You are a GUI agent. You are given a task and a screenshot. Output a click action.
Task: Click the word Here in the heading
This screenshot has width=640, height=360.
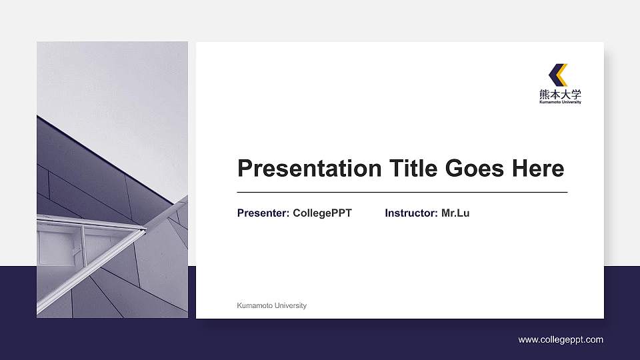[x=537, y=169]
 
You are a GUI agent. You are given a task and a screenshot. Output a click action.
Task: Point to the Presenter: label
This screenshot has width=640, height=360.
[x=263, y=213]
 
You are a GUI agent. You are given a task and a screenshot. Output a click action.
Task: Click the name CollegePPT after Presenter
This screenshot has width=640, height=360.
[x=322, y=213]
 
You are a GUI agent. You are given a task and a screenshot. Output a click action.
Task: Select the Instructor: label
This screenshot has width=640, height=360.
[x=411, y=213]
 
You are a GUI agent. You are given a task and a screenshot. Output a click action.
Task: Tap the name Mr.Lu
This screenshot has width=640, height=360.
[x=455, y=213]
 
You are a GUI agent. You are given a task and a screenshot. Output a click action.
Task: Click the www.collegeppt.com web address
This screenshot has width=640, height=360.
[x=561, y=340]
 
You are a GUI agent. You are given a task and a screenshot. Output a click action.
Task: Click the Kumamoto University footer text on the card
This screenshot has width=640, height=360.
[x=271, y=305]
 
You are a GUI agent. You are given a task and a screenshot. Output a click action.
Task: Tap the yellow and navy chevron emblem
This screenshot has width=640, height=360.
[x=559, y=74]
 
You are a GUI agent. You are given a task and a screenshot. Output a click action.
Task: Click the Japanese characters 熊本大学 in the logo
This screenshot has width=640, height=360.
[x=560, y=94]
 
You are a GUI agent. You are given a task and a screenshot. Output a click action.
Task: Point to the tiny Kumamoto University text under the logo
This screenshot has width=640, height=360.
[x=560, y=103]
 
